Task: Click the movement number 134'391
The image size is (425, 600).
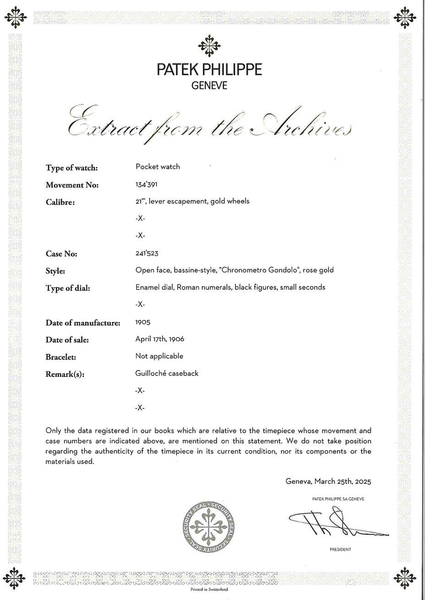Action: click(146, 184)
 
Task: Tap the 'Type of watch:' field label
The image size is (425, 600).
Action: click(71, 168)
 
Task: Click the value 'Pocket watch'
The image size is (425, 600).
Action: click(158, 166)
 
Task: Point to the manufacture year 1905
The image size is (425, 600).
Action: click(142, 322)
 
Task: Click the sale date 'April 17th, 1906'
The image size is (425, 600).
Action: click(159, 339)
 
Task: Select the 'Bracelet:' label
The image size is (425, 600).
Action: click(60, 357)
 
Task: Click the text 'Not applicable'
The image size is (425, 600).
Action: click(159, 356)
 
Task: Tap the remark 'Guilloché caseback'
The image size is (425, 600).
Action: click(167, 373)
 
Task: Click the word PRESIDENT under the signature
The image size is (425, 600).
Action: click(340, 550)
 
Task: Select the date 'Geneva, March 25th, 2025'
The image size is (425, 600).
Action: click(328, 482)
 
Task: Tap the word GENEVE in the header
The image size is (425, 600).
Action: click(209, 86)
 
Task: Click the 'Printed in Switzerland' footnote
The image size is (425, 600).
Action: click(209, 589)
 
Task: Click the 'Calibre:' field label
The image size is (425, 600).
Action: click(60, 202)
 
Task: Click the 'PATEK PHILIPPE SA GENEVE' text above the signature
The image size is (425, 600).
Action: click(338, 499)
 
